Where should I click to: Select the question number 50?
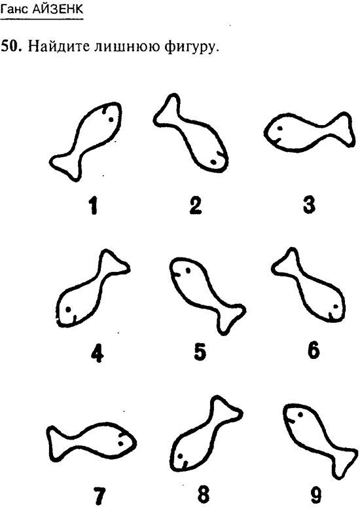click(11, 47)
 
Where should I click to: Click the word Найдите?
click(58, 47)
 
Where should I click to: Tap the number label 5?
click(200, 352)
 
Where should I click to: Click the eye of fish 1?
click(111, 119)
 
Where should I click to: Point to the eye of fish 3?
click(280, 128)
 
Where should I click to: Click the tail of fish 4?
click(113, 263)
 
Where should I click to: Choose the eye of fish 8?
click(180, 457)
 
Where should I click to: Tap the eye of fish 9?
click(300, 414)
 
